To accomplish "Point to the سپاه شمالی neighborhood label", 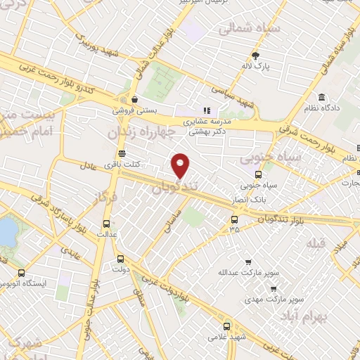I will click(240, 30).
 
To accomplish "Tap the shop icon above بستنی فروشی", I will click(134, 98).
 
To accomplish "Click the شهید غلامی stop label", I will click(226, 337).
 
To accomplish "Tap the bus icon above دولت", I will click(120, 258).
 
